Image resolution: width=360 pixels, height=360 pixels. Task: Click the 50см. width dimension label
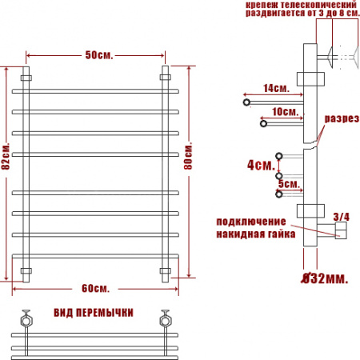(x=99, y=55)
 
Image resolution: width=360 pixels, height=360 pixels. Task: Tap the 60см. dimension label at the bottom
(x=95, y=288)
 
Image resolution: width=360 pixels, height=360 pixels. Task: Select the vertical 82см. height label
(x=6, y=156)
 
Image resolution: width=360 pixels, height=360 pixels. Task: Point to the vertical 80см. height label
(x=188, y=157)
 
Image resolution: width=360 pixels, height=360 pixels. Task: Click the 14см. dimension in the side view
(x=276, y=88)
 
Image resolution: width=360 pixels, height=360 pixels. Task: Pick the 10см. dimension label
(x=285, y=112)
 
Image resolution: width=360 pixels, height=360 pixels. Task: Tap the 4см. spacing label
(x=261, y=165)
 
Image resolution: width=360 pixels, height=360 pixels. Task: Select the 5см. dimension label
(x=290, y=184)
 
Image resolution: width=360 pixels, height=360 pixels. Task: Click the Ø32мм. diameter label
(x=325, y=278)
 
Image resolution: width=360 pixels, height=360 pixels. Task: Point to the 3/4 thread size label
(x=342, y=217)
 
